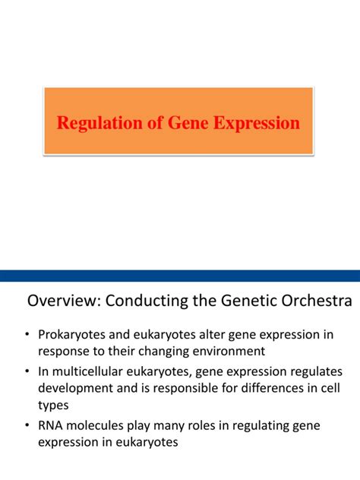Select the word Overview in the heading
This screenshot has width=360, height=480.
pos(63,302)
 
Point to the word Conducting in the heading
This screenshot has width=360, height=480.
pos(145,302)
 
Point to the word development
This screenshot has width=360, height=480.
pos(74,387)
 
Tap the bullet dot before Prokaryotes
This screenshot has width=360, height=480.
pos(27,335)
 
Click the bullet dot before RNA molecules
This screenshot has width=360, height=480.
pos(27,425)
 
